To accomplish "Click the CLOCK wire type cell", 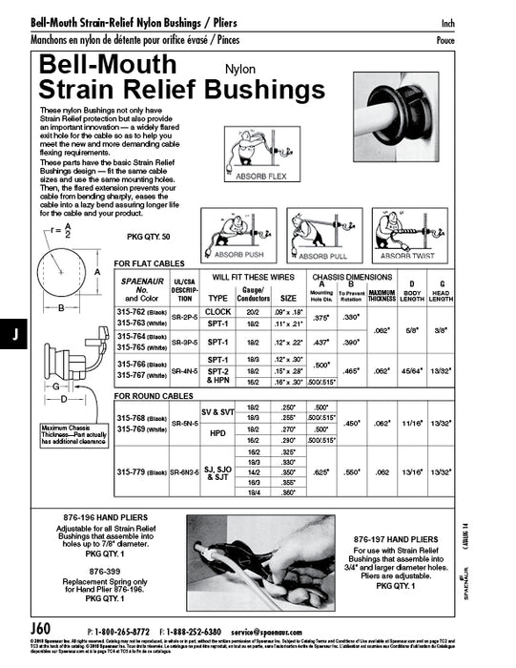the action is pos(218,312).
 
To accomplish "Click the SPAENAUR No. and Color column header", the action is pos(139,289).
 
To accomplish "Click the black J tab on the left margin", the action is pos(14,334).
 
